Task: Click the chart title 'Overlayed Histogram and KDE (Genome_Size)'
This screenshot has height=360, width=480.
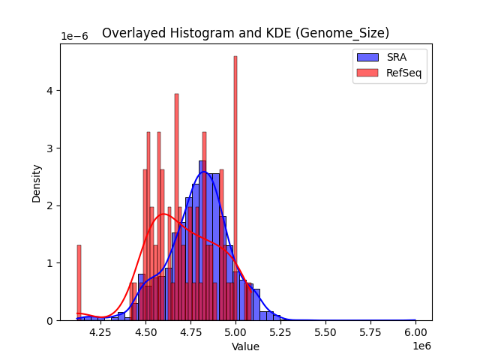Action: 245,33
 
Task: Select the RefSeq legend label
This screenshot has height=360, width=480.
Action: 402,71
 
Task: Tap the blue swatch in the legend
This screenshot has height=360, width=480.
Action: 367,56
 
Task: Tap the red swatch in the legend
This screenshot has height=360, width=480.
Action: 367,71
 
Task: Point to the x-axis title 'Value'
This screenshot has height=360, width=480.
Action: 245,346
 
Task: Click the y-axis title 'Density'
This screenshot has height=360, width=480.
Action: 36,182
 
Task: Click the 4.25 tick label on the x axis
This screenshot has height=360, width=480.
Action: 101,332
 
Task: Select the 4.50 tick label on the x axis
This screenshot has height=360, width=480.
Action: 146,332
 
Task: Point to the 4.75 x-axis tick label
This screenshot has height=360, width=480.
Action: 191,332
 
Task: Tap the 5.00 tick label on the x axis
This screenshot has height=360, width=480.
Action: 236,332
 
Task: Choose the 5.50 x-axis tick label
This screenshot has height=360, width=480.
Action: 326,332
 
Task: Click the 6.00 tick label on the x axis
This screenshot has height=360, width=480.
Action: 416,332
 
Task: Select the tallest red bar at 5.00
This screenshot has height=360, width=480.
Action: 235,187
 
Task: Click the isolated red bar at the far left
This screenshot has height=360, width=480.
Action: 79,283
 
